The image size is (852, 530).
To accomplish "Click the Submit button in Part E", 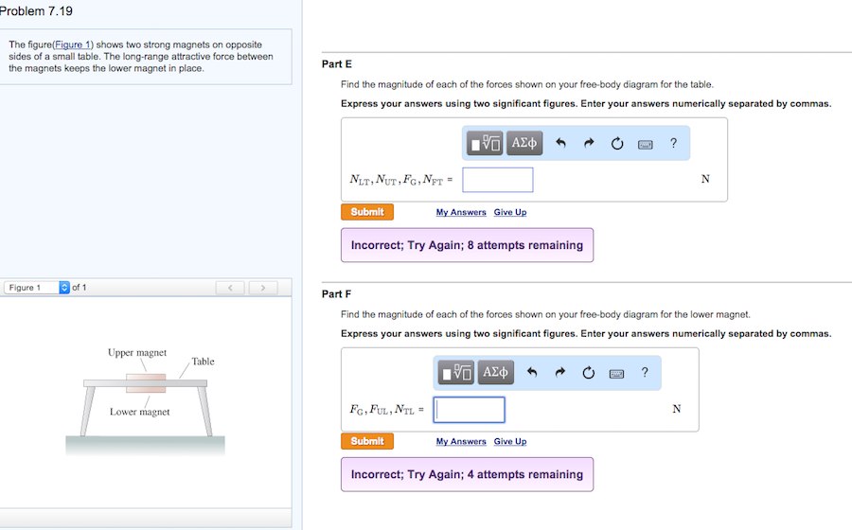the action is click(367, 212).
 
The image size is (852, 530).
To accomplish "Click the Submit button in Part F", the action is click(367, 441).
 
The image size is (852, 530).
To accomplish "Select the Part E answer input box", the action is click(498, 180).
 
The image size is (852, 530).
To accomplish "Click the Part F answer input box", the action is click(469, 410).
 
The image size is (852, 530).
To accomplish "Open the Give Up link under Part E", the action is click(510, 212).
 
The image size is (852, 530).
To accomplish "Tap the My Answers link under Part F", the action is click(461, 441).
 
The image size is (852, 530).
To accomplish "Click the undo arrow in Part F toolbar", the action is click(532, 373).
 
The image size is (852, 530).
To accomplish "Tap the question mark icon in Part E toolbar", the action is click(674, 143).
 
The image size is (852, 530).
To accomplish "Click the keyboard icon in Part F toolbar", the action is click(616, 374).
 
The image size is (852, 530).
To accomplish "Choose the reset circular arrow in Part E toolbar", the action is click(616, 143).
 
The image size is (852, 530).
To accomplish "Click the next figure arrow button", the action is click(263, 288).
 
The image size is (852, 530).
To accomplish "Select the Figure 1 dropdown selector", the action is click(37, 288).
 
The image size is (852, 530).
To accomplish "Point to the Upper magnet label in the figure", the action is click(137, 352).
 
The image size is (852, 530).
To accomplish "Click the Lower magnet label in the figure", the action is click(140, 412).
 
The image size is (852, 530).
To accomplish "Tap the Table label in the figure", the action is click(203, 362).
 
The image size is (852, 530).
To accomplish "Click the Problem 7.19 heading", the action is click(36, 10).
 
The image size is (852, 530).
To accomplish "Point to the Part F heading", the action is click(336, 293).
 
